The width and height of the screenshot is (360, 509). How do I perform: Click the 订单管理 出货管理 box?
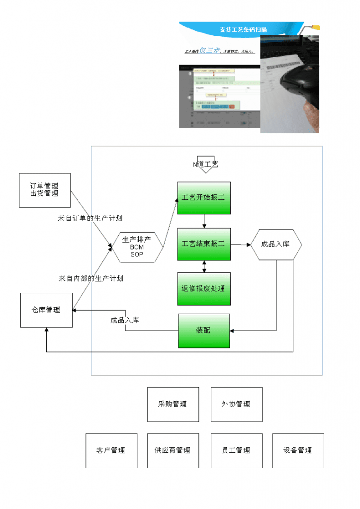tap(45, 190)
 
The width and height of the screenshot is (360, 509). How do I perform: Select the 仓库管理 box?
tap(46, 310)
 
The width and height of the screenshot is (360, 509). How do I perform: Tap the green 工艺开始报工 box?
tap(204, 198)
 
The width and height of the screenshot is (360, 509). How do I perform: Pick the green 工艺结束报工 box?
tap(204, 244)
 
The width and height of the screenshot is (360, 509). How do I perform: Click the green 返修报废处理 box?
tap(204, 289)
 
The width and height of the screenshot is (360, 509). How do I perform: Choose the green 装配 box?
tap(204, 331)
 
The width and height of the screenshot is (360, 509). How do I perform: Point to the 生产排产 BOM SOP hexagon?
tap(137, 247)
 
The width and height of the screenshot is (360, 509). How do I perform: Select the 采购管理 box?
tap(173, 405)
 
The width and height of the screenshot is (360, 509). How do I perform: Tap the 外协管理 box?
tap(236, 405)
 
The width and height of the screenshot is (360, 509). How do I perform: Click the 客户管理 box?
tap(111, 450)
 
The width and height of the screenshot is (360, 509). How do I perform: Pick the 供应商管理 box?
tap(173, 450)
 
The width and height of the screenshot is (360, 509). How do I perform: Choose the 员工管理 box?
tap(236, 450)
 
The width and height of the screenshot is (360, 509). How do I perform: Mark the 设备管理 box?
tap(298, 450)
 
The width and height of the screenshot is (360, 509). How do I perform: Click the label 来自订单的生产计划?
tap(90, 218)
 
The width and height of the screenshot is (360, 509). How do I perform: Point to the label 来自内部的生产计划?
tap(90, 278)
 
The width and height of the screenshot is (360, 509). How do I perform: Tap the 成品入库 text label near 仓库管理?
tap(125, 320)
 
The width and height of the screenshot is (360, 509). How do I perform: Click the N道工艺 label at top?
tap(205, 164)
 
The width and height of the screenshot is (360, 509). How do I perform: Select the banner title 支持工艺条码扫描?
tap(243, 30)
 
